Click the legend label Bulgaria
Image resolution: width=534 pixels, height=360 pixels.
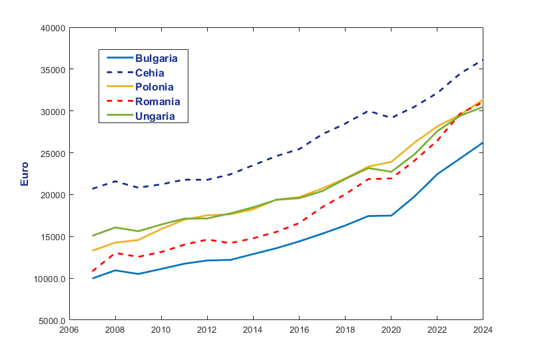(x=156, y=58)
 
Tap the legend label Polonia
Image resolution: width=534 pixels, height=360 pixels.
(x=154, y=87)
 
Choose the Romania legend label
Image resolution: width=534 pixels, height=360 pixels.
(x=157, y=102)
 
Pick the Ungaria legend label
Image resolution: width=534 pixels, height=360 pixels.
(x=155, y=116)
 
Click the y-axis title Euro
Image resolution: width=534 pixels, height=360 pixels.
(x=25, y=174)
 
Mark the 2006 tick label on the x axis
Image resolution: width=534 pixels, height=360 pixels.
(x=70, y=329)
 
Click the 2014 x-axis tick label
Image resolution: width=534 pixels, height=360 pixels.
(x=253, y=329)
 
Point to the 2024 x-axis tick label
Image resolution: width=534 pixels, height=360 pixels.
(x=482, y=329)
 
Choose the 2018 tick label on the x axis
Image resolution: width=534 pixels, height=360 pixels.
(x=345, y=329)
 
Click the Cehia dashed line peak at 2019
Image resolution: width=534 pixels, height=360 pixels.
(x=368, y=111)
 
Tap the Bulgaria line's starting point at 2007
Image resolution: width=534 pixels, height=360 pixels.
(x=93, y=278)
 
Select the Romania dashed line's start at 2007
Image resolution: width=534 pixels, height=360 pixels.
(x=93, y=271)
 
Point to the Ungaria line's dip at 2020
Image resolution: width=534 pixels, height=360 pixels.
(x=391, y=172)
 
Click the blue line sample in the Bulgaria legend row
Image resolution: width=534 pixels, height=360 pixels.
(x=117, y=58)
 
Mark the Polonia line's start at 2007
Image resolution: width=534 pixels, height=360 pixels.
(x=93, y=251)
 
